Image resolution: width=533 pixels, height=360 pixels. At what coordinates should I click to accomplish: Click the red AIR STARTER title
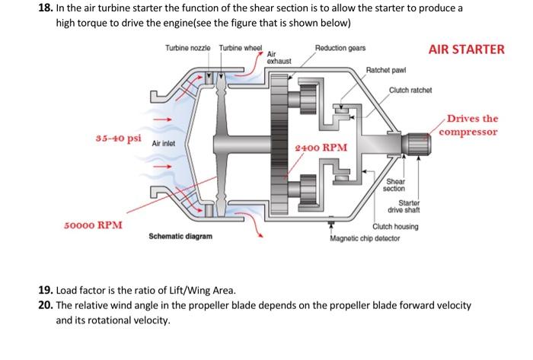[466, 49]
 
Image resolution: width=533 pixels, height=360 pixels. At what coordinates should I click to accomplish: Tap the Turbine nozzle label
[187, 49]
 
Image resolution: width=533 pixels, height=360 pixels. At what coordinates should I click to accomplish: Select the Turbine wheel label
[241, 49]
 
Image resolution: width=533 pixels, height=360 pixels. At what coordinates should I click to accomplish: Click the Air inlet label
[164, 143]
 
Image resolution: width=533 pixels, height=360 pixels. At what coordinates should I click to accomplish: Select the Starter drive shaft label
[410, 205]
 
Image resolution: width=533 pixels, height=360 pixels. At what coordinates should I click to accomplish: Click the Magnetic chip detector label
[365, 237]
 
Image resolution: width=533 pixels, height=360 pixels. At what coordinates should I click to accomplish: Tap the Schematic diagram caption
[180, 237]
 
